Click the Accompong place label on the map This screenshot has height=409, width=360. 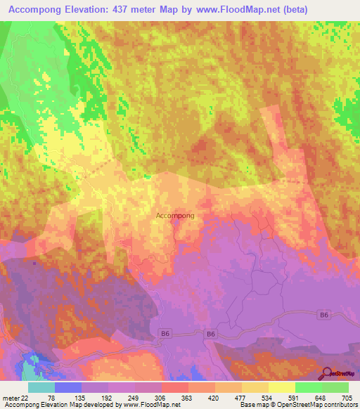pos(174,216)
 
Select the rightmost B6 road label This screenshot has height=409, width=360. pos(323,316)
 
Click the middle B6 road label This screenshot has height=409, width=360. pos(211,335)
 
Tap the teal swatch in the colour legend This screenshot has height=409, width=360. pos(41,387)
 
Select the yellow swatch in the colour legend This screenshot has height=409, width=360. pos(282,387)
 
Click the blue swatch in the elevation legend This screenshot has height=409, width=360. pos(68,387)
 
